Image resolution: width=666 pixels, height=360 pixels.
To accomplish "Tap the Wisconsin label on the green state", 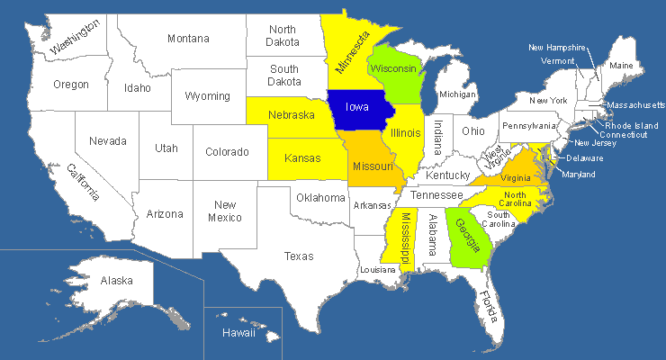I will (392, 68).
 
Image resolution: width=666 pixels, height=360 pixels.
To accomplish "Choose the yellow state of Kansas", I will (302, 158).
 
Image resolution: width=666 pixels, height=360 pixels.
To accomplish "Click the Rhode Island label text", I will (630, 125).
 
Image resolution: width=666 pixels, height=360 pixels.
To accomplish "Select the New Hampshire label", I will (557, 48).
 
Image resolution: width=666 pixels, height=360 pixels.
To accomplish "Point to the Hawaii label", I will (238, 333).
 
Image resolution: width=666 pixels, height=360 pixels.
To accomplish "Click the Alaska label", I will (117, 281).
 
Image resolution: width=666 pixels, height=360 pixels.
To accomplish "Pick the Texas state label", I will (299, 256).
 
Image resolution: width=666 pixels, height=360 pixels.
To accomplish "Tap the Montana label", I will (188, 39).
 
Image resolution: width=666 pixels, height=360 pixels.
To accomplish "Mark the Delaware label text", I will (585, 158).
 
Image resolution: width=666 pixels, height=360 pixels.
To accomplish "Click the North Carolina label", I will (515, 200).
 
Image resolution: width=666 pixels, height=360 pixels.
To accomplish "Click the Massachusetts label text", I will (635, 105).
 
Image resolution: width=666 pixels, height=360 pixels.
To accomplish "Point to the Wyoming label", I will (207, 96).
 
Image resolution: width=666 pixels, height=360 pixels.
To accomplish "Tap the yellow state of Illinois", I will (405, 133).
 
